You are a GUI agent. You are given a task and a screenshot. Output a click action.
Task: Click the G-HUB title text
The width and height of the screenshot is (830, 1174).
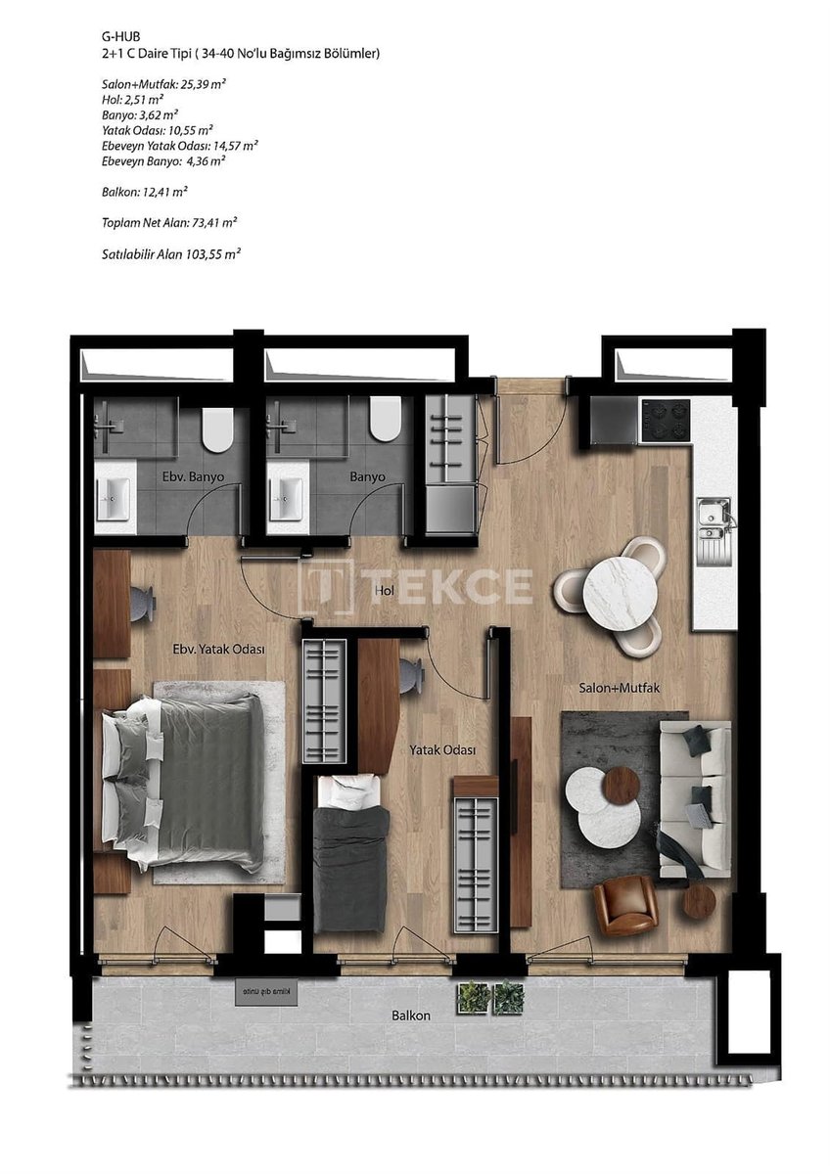coord(121,37)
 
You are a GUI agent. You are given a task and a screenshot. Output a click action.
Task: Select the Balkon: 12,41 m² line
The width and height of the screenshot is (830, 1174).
coord(145,193)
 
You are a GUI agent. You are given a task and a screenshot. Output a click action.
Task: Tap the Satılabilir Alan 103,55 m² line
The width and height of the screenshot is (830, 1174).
coord(171,254)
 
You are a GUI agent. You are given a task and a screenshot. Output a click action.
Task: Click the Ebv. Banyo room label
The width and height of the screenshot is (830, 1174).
coord(193,477)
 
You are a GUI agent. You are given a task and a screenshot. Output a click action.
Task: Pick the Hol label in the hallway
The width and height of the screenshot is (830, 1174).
coord(385,591)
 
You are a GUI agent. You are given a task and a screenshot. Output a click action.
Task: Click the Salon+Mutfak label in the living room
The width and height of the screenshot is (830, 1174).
coord(619,688)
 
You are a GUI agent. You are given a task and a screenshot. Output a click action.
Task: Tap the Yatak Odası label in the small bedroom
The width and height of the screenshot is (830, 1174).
coord(442,750)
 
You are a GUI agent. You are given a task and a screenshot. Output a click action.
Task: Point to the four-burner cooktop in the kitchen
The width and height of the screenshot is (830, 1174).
coord(666,421)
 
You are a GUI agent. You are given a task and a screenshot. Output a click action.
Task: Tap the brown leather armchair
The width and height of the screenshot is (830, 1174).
coord(625,908)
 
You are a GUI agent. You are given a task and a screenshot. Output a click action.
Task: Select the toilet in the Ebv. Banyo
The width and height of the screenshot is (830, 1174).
coord(217,425)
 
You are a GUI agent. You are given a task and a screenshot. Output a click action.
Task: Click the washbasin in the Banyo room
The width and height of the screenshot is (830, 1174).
coord(285,499)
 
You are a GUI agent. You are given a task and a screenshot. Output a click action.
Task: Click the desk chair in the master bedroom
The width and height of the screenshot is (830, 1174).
coord(143,604)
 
